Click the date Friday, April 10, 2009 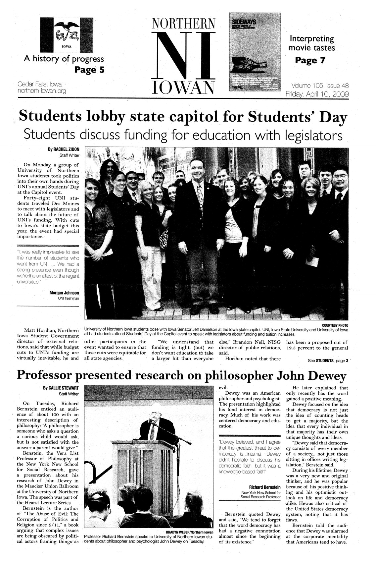click(317, 94)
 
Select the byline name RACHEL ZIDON click(66, 149)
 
